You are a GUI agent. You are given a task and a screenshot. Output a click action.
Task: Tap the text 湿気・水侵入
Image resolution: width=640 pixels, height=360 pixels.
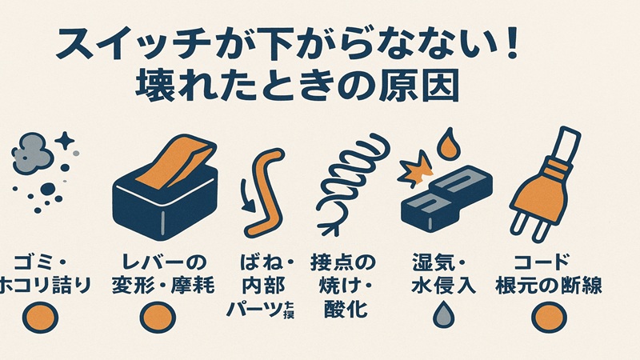pos(442,274)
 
